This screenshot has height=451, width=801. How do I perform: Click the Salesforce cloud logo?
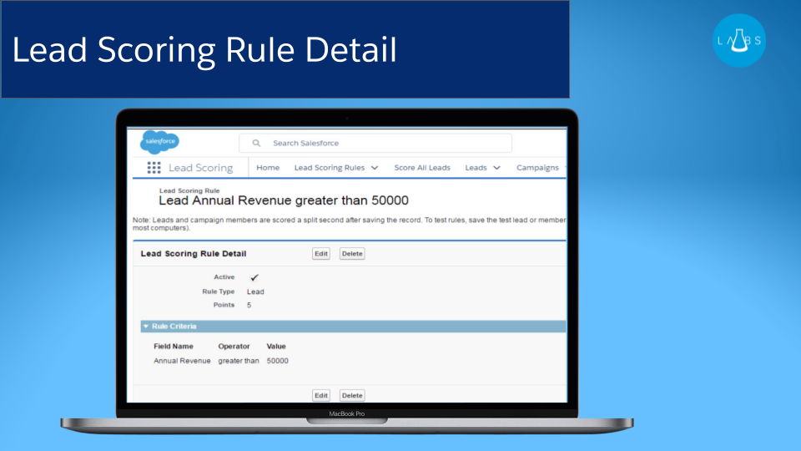159,142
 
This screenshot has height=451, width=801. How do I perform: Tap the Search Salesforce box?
375,143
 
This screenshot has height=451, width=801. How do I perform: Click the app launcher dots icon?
154,168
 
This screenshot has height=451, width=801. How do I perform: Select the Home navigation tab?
268,168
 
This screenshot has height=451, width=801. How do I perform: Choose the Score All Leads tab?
422,168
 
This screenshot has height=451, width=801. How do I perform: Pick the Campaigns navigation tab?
537,168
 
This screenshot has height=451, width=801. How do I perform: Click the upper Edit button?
321,254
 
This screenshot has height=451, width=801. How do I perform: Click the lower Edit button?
321,395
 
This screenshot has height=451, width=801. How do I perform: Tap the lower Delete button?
352,395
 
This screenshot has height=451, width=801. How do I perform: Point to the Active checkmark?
254,277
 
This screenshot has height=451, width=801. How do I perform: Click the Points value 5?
249,305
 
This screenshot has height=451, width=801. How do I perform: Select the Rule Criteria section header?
174,327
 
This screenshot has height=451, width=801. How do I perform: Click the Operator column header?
234,346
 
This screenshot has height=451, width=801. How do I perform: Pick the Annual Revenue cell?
182,361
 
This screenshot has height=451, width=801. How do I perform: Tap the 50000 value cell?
278,361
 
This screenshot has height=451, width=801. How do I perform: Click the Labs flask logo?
739,40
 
